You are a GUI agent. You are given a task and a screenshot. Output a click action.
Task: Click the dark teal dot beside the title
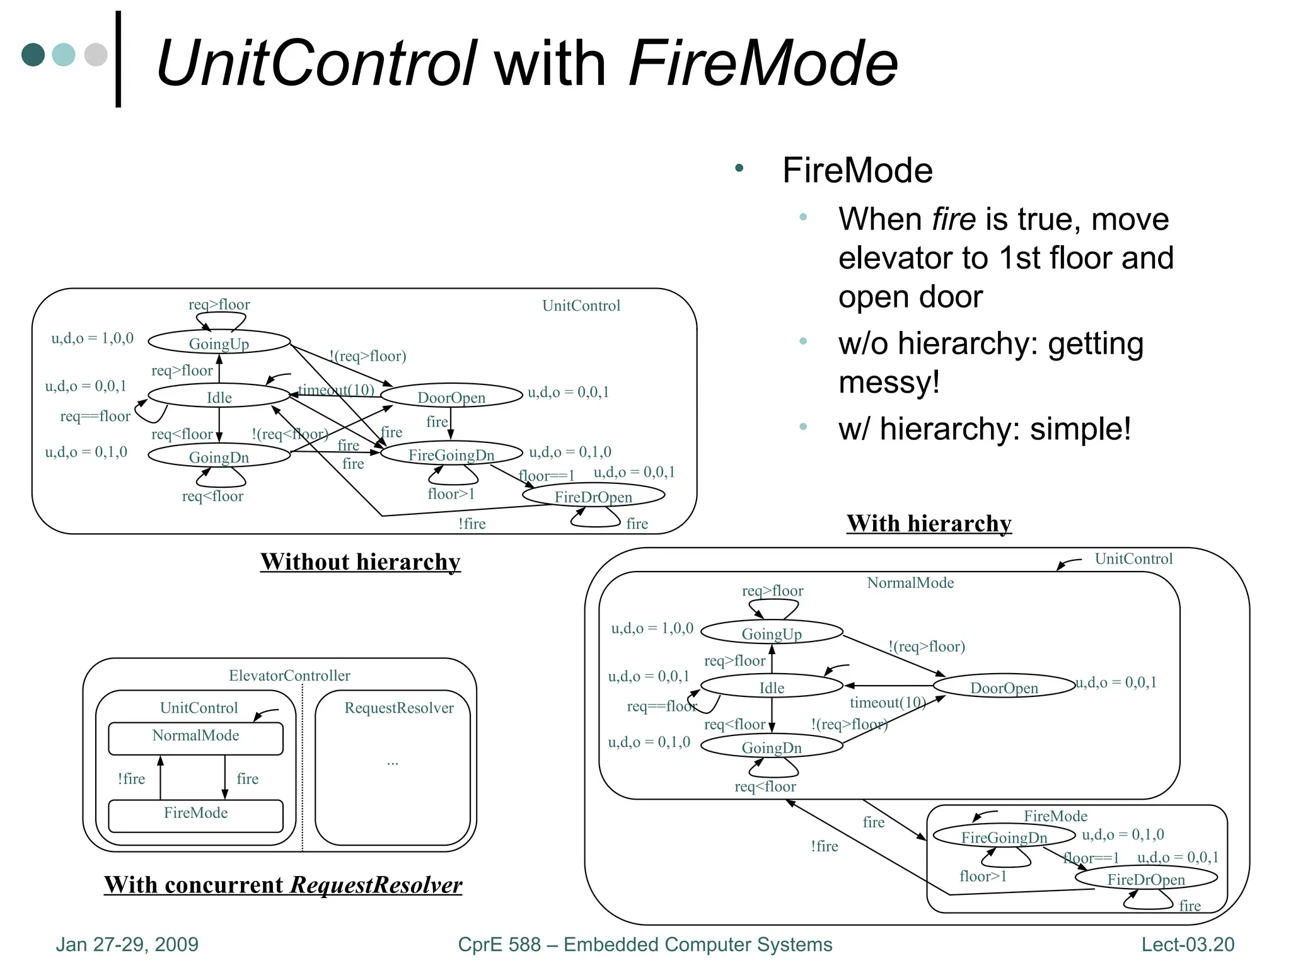click(33, 55)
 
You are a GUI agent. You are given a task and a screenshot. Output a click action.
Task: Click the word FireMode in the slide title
click(763, 63)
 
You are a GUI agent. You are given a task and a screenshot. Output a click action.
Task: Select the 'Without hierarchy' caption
click(360, 562)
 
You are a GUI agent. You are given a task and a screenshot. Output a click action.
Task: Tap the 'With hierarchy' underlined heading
click(929, 523)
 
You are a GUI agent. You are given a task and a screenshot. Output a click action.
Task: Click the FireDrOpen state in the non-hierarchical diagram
click(593, 497)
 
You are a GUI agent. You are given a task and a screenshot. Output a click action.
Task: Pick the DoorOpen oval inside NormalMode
click(1004, 688)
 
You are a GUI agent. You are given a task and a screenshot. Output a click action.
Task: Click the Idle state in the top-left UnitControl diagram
click(219, 397)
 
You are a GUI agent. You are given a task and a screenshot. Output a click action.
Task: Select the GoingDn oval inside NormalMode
click(772, 747)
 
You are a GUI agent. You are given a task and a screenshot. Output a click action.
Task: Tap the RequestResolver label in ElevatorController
click(398, 708)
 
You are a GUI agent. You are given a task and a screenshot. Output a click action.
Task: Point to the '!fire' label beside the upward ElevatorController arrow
click(131, 779)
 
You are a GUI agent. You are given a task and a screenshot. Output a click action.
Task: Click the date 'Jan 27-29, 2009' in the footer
click(127, 944)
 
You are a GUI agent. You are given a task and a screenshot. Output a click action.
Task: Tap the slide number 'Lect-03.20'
click(1188, 944)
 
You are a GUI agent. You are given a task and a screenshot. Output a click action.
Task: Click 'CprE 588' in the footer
click(499, 944)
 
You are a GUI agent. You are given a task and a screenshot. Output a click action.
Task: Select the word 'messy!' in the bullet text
click(889, 383)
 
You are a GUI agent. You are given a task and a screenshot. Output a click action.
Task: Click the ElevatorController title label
click(289, 676)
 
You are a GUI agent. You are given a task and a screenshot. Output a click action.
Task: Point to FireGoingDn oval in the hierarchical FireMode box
click(1004, 837)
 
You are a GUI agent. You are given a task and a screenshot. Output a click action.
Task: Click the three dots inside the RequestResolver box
click(393, 763)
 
